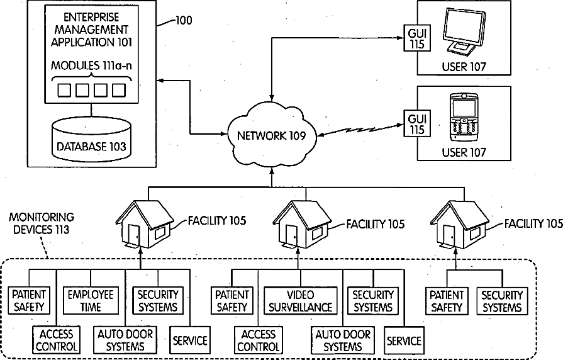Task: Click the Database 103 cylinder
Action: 92,138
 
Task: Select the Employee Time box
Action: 91,301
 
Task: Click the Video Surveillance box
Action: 301,301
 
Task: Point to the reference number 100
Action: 184,21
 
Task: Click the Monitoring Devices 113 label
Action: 42,223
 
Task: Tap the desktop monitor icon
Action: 463,32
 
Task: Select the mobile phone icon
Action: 464,118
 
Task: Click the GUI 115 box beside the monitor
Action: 417,38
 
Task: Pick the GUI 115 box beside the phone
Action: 417,123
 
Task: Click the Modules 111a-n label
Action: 91,65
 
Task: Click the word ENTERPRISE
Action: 91,17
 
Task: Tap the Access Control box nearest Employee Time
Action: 57,340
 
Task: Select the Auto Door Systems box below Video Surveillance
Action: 343,340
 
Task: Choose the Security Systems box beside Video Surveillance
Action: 373,301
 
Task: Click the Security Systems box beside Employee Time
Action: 158,301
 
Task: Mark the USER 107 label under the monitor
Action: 464,67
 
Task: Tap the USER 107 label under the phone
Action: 464,152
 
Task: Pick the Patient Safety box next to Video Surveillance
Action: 232,301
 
